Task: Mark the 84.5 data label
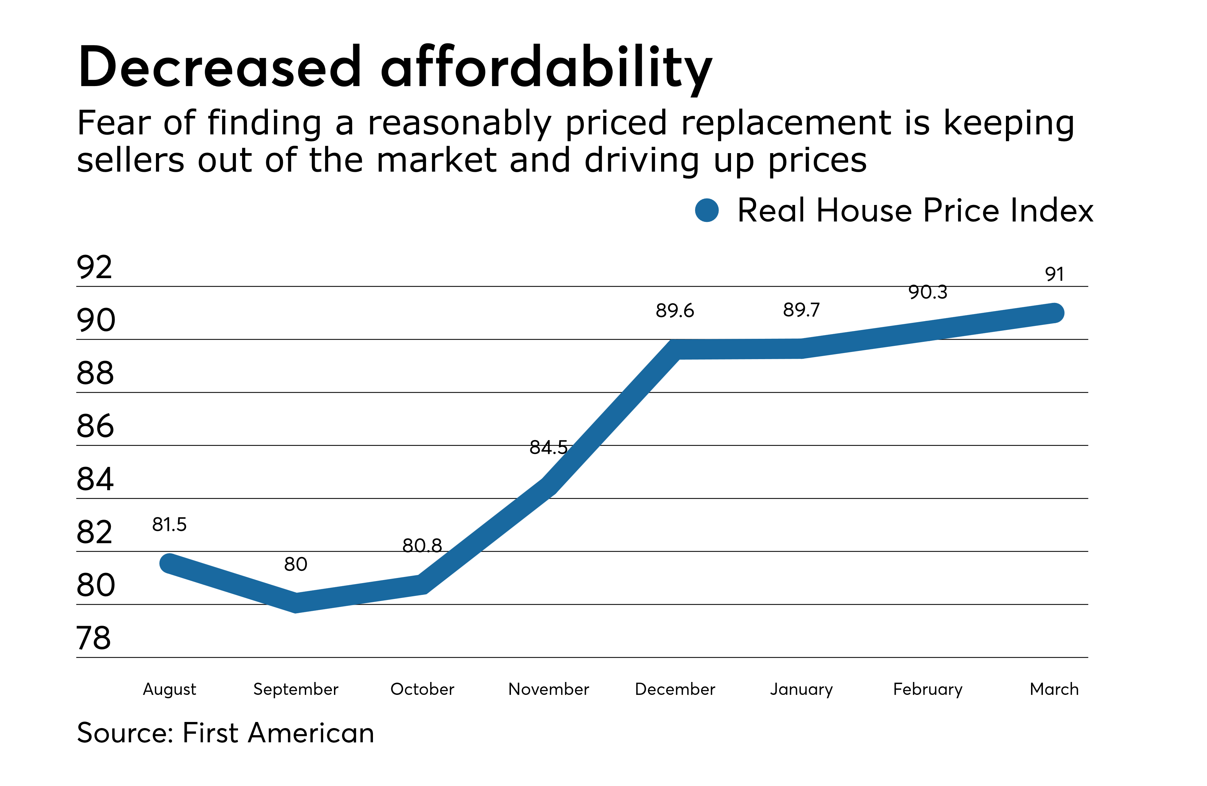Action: (548, 448)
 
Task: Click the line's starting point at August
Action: (170, 563)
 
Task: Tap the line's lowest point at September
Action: (296, 603)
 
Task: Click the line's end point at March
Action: (1054, 313)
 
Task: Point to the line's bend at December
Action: (675, 350)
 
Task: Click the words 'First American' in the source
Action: (278, 733)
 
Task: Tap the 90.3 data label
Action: (928, 292)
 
